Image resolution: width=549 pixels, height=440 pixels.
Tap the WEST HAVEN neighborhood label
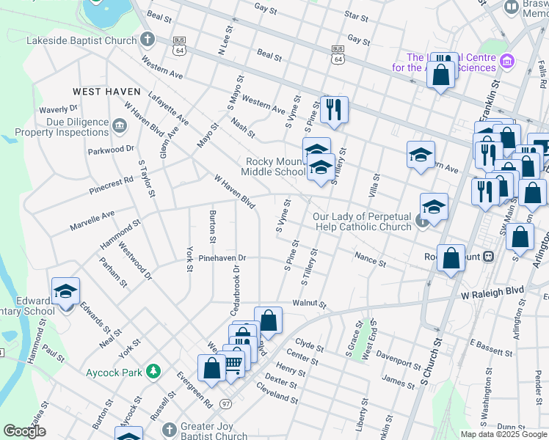point(106,92)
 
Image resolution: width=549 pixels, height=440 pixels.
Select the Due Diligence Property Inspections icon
point(119,127)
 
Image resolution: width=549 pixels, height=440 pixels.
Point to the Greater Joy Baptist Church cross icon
point(169,429)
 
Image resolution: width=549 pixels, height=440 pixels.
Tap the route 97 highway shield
point(226,404)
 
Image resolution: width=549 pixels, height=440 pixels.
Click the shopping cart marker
point(233,363)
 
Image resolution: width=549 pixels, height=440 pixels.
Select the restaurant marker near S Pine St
point(334,109)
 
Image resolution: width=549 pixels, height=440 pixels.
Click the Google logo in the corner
point(25,431)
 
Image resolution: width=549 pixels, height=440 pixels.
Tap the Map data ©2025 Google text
point(503,434)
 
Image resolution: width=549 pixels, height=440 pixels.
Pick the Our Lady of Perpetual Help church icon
point(422,221)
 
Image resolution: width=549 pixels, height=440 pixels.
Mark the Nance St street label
point(370,257)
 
